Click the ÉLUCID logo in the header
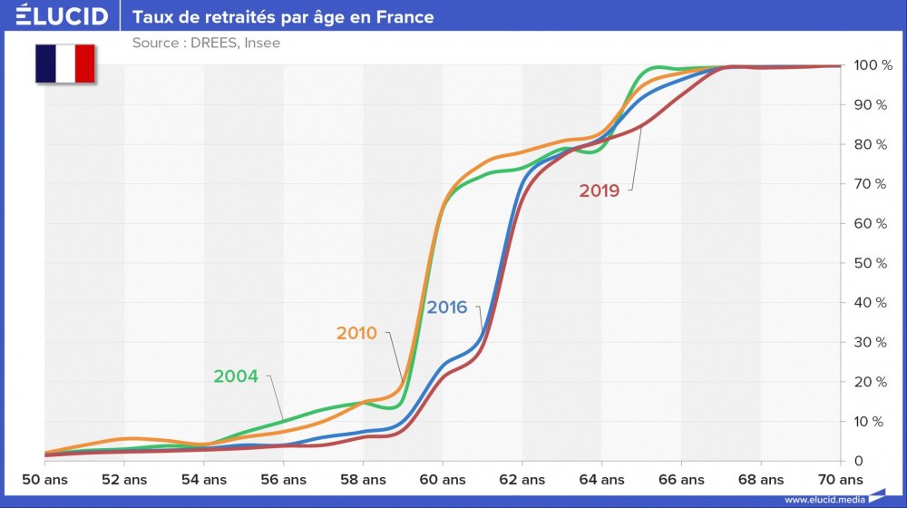click(61, 16)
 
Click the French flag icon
click(65, 63)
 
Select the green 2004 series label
click(236, 376)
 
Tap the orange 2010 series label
click(356, 333)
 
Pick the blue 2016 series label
click(447, 308)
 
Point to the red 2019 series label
click(599, 190)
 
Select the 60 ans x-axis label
click(443, 479)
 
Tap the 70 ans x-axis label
click(841, 479)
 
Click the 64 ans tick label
click(601, 479)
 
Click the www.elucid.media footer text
click(824, 499)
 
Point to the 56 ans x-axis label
click(283, 479)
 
